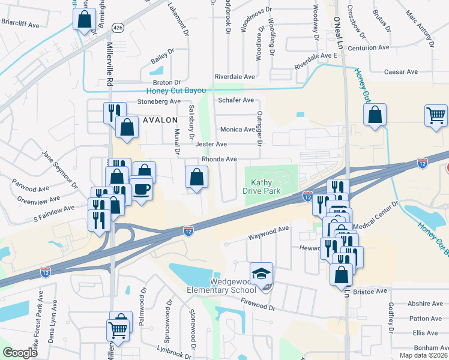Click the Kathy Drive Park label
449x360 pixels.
[262, 186]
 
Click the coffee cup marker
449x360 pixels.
[142, 190]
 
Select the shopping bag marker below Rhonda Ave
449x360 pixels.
[197, 178]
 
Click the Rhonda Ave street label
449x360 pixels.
[219, 159]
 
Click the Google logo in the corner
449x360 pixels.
[20, 353]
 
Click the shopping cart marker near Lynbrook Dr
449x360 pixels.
[118, 329]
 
